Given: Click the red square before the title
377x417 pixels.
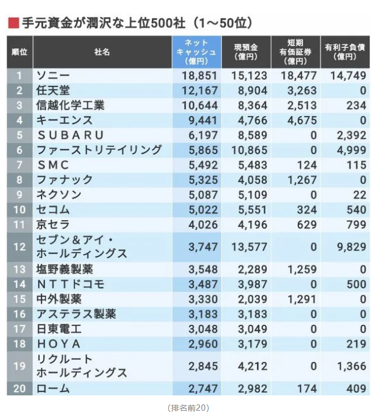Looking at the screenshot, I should (x=13, y=23).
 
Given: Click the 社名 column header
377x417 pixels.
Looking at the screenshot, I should (x=102, y=52).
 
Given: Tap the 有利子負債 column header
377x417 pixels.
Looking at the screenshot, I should (x=345, y=52).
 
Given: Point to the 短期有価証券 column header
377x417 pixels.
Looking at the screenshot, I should (x=296, y=52).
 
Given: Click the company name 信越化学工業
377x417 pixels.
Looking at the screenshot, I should (x=70, y=105).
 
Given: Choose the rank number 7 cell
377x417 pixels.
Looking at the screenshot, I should (x=19, y=165).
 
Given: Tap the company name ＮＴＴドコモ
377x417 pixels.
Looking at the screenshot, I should (x=70, y=284).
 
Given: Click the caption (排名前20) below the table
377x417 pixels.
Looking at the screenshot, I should (x=188, y=408).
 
